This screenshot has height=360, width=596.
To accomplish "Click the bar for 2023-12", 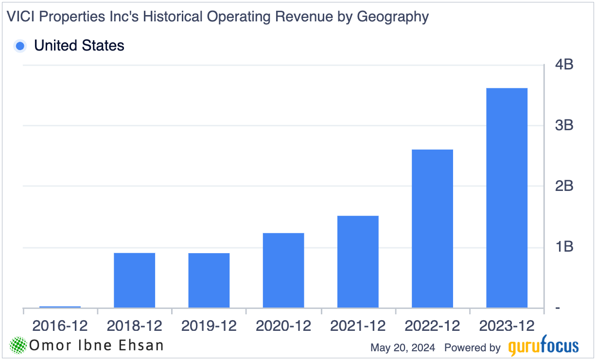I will click(507, 198).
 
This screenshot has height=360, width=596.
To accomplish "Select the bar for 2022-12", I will click(432, 228).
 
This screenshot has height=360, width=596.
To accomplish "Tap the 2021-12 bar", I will click(358, 261).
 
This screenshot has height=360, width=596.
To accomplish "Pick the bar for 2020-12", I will click(283, 270).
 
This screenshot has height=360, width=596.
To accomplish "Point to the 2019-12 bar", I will click(209, 280).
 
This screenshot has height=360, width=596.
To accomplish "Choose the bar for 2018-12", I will click(135, 280).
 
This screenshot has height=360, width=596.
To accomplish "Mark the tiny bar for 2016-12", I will click(60, 307).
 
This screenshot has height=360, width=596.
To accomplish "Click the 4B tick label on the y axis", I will click(563, 64).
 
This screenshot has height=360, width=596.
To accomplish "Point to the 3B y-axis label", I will click(563, 125).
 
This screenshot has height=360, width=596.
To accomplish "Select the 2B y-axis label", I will click(563, 186).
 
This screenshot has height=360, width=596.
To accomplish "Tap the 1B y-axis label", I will click(563, 247).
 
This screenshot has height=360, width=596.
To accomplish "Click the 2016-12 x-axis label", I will click(60, 326).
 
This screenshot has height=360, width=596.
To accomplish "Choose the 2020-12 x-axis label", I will click(283, 326).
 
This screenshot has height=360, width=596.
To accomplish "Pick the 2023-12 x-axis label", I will click(507, 326).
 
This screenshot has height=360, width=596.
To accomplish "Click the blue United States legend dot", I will click(20, 46).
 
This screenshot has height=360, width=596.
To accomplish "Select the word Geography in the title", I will click(393, 17).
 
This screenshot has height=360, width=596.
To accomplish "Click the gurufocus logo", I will click(543, 347).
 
